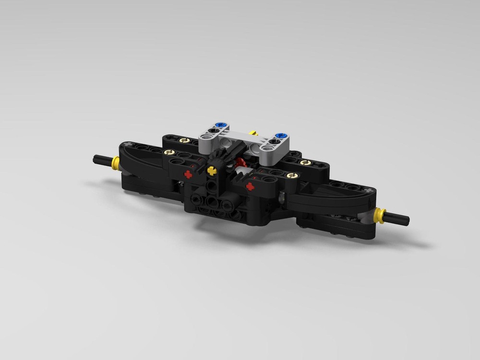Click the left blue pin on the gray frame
[x=219, y=126]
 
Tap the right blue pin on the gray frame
[x=281, y=136]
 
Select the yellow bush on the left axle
[x=115, y=163]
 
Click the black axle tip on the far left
[x=99, y=158]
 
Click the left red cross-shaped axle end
[x=188, y=175]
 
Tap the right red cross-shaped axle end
[x=250, y=187]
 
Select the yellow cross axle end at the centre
[x=211, y=169]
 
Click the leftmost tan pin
[x=168, y=152]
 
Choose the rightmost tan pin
[x=303, y=163]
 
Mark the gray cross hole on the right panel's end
[x=369, y=191]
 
